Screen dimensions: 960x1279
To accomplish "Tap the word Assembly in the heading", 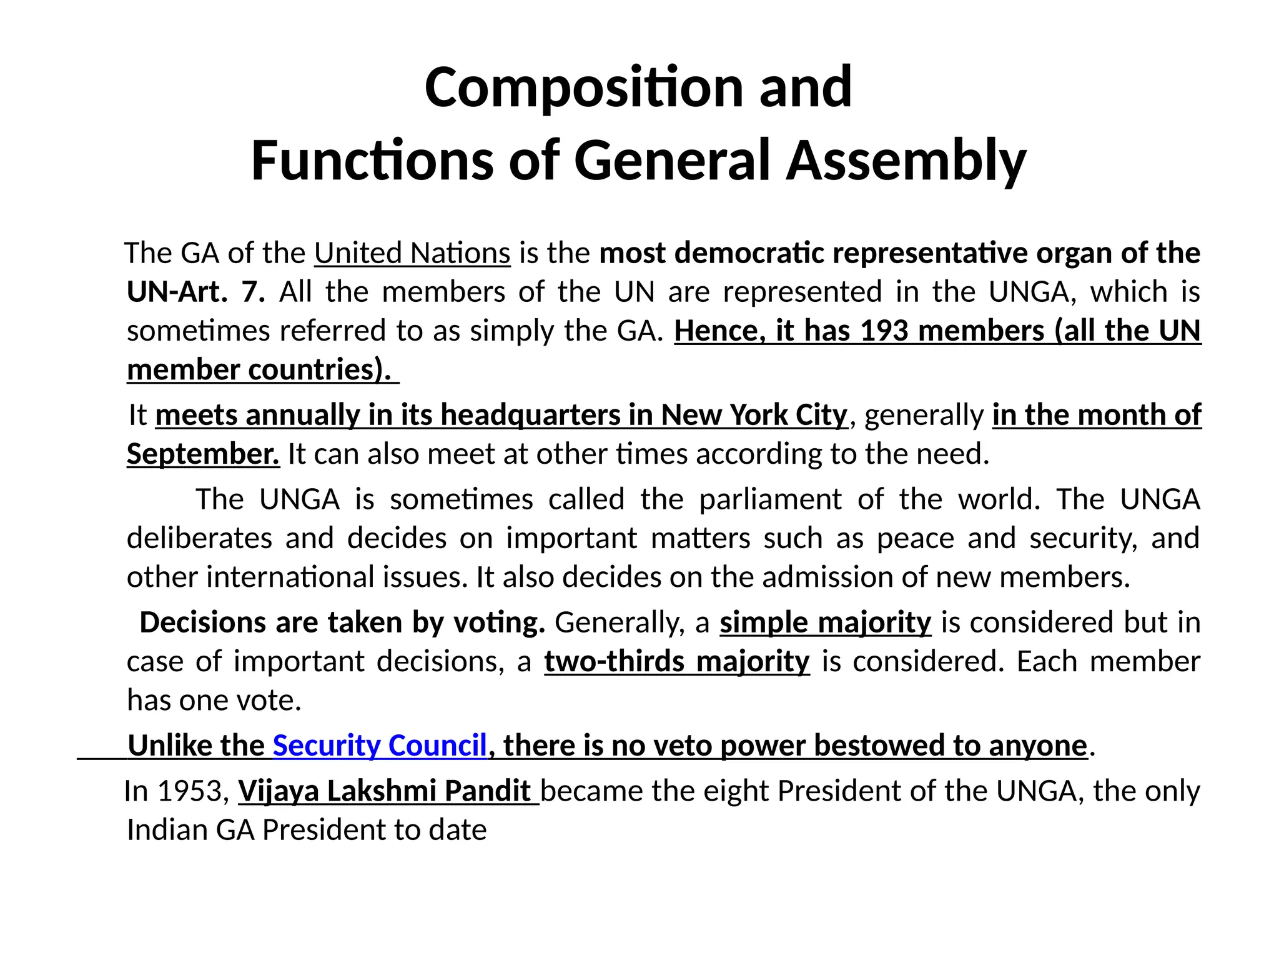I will [906, 161].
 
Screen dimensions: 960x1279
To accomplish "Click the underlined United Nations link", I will [412, 253].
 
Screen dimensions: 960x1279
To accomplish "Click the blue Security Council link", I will [380, 746].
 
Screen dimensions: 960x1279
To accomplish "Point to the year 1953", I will [190, 791].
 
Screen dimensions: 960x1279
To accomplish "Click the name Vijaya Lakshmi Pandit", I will [385, 791].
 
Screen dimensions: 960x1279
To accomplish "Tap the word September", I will [203, 454].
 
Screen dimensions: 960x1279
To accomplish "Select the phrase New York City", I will [754, 415].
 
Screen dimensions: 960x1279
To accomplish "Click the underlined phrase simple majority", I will [825, 623].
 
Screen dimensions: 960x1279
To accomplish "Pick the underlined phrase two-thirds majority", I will [677, 662].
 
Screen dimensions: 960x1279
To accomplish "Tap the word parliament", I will [770, 499].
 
